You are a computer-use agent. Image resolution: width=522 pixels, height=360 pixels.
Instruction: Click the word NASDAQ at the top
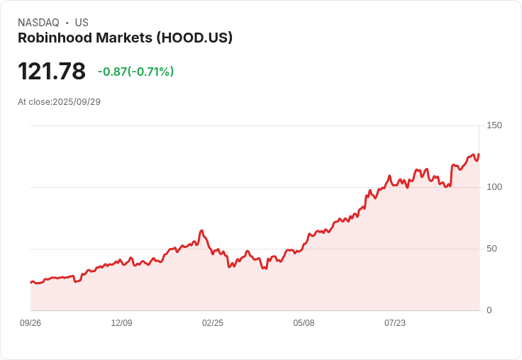pos(38,23)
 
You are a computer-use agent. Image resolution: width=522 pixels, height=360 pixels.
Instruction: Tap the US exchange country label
pos(82,23)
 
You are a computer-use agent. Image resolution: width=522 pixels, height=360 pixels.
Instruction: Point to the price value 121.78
pos(52,72)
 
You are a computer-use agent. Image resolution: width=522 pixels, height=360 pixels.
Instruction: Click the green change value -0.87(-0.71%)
pos(135,72)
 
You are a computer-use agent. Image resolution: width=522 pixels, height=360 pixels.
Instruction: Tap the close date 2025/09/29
pos(77,102)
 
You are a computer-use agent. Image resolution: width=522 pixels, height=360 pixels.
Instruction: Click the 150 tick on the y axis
pos(494,125)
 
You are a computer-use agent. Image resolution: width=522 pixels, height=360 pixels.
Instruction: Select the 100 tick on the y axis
pos(494,187)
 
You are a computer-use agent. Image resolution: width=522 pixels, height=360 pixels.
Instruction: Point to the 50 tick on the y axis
pos(492,249)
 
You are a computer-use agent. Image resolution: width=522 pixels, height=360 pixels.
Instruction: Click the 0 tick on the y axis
pos(489,310)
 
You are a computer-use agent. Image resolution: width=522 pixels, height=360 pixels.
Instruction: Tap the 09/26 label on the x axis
pos(30,323)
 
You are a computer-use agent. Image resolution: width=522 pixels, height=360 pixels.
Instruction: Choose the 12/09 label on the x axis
pos(121,323)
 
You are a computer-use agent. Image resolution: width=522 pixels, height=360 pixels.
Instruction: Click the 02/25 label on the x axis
pos(213,323)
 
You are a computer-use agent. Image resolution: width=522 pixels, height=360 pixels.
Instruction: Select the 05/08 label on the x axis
pos(304,323)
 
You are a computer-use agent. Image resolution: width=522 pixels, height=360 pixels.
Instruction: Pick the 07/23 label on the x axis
pos(395,323)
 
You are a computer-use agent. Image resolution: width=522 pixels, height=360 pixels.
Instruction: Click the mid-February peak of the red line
pos(201,230)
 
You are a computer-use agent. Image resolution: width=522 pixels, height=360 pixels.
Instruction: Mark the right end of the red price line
pos(479,154)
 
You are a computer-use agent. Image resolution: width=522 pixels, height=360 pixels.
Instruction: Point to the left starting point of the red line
pos(30,282)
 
